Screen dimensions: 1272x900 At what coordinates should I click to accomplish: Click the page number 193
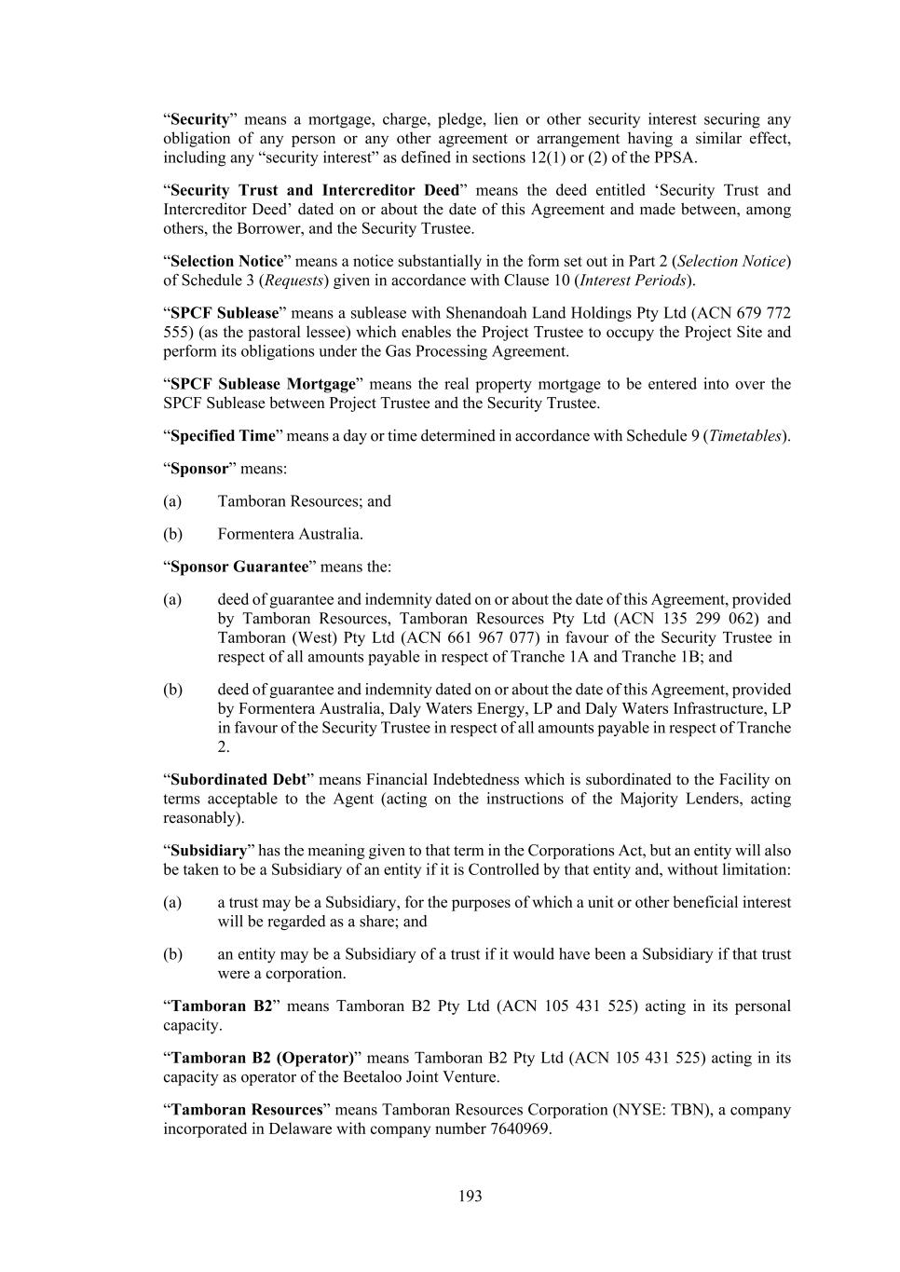470,1196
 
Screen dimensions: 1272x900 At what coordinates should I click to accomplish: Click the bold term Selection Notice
226,261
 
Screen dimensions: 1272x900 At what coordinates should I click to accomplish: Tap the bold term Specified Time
223,435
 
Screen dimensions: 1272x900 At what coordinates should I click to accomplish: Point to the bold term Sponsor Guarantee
239,567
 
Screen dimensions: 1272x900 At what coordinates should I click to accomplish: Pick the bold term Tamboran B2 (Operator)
263,1058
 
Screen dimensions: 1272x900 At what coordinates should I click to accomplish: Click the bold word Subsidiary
209,851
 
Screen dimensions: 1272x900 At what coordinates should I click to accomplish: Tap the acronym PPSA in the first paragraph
675,157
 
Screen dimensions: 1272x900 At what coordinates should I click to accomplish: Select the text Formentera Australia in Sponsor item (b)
289,534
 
